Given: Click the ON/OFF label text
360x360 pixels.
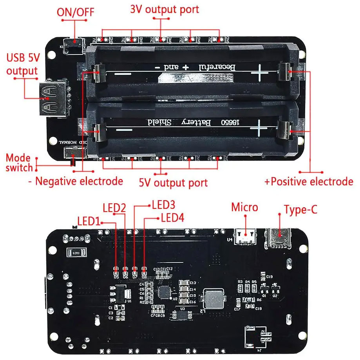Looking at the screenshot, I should [x=75, y=11].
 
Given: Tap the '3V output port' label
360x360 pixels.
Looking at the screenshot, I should [x=165, y=9].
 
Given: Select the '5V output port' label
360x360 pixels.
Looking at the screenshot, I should [x=173, y=183].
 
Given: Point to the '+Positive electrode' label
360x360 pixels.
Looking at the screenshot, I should [x=309, y=181].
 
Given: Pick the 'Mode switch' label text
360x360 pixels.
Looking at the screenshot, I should [x=19, y=163].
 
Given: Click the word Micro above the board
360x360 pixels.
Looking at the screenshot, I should [x=245, y=207].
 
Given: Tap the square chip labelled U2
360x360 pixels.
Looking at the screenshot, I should [x=164, y=292].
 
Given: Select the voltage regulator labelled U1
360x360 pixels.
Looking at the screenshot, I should [x=116, y=294].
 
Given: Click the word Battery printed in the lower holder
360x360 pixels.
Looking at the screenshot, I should [x=197, y=123].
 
